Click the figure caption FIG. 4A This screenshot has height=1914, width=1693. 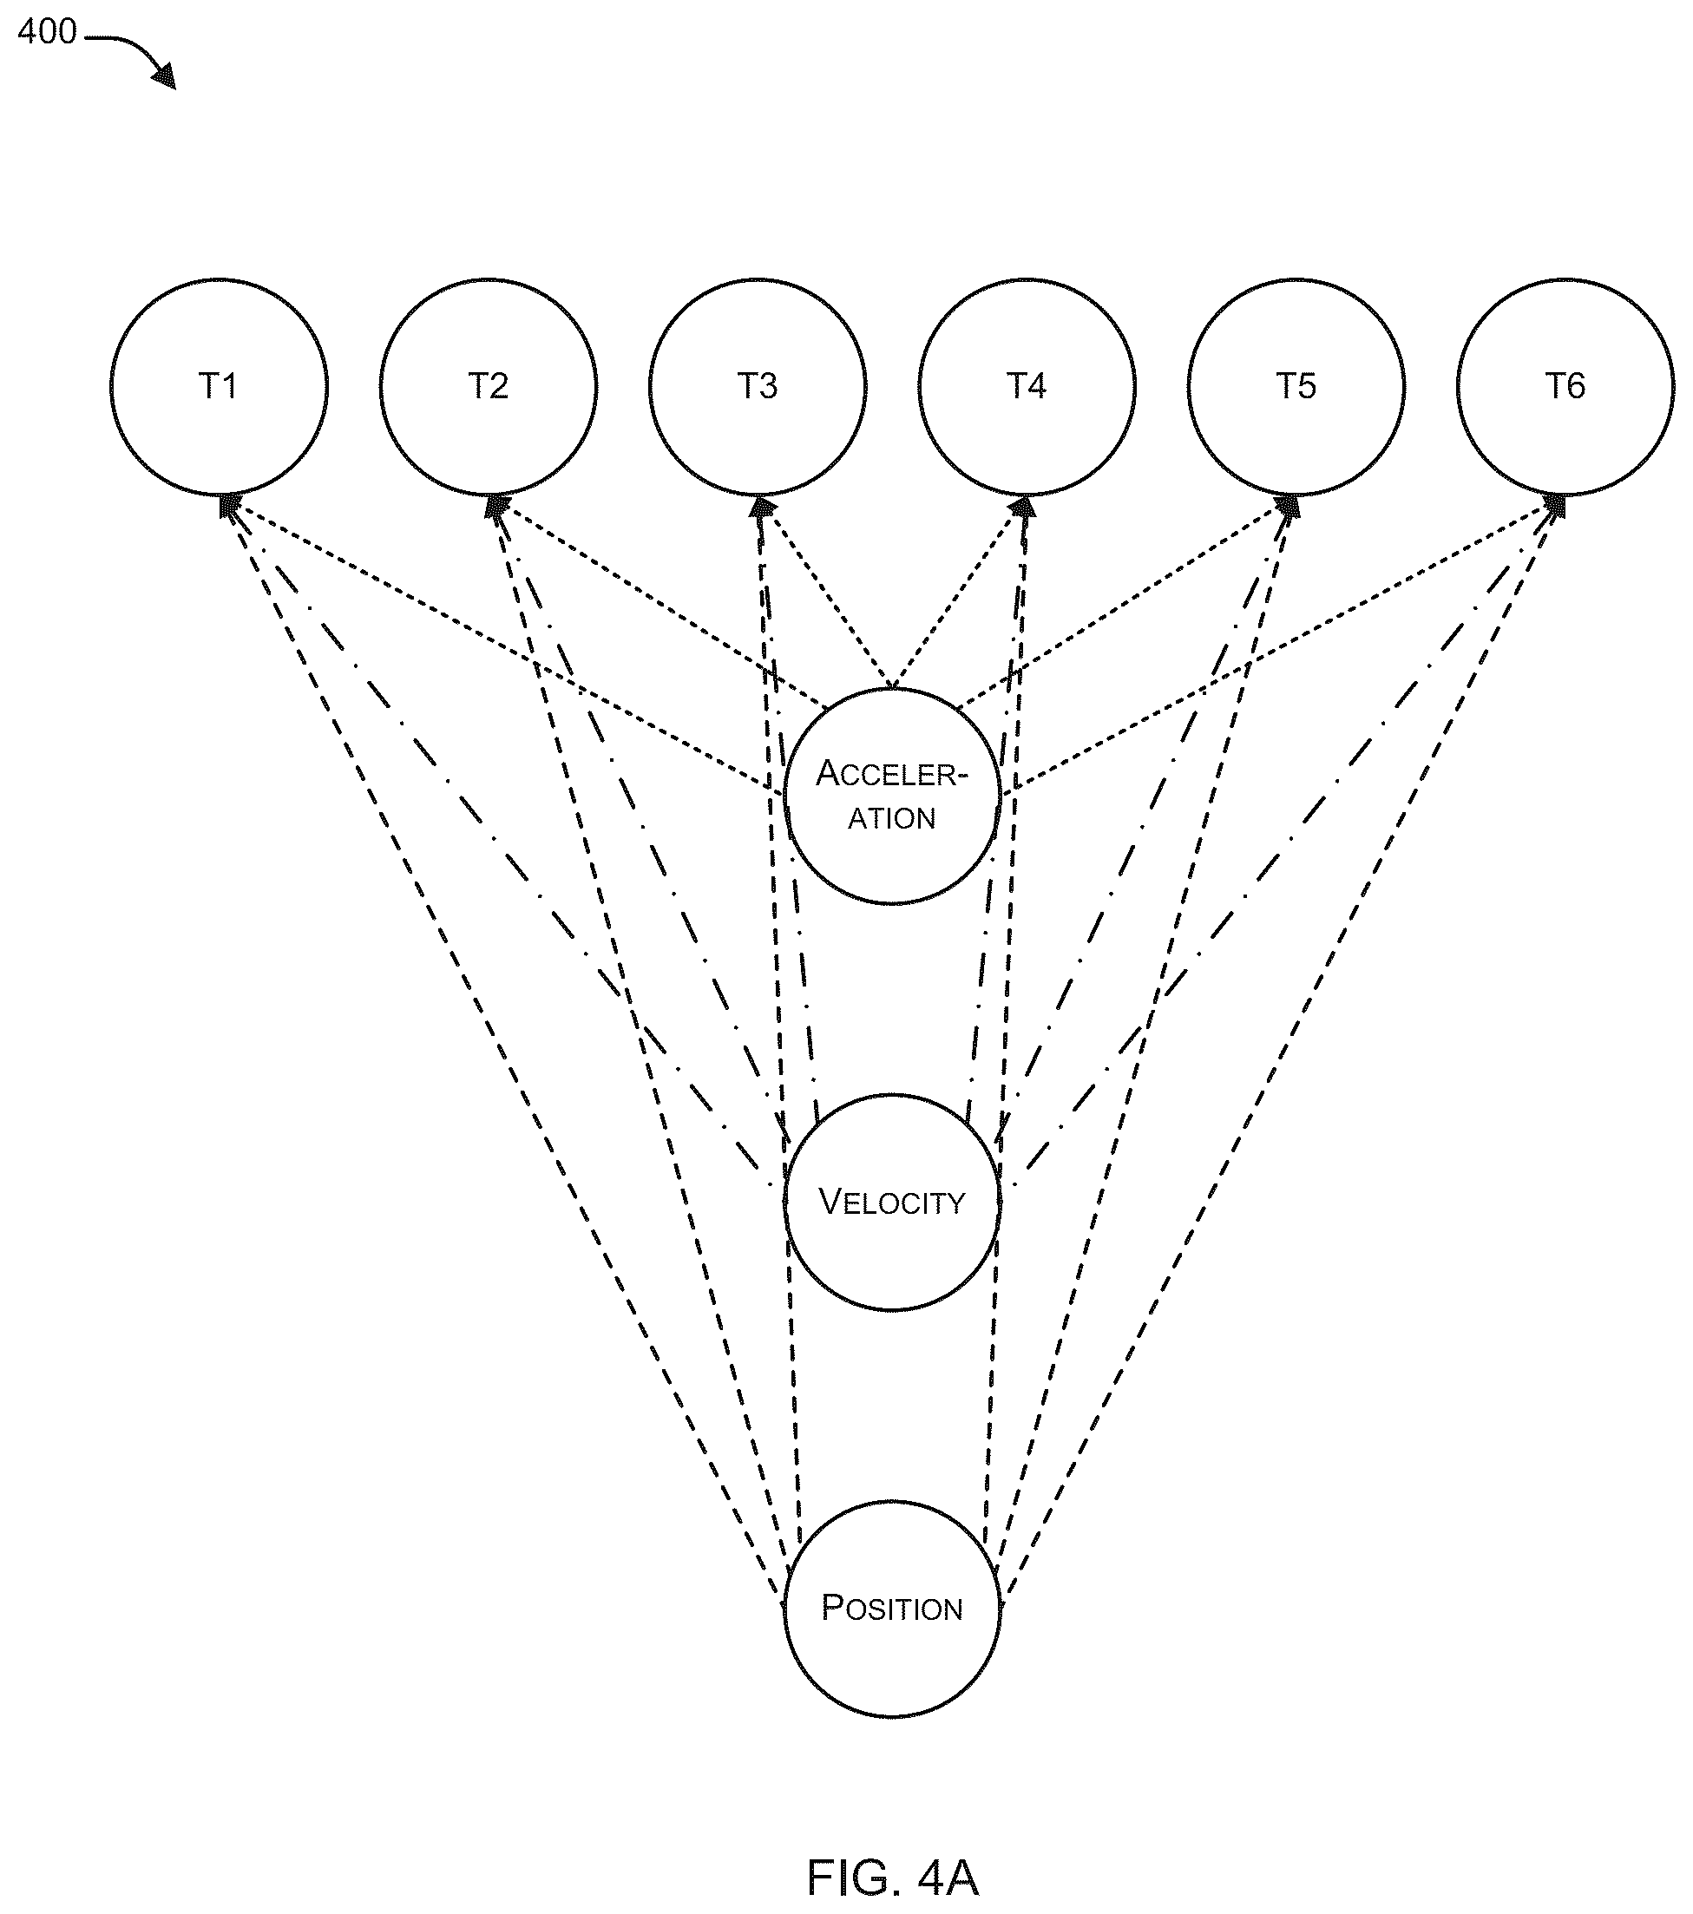click(892, 1877)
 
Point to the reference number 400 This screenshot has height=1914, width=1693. click(47, 32)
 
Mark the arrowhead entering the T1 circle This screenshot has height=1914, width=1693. click(227, 506)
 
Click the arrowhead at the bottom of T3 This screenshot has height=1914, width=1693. click(764, 508)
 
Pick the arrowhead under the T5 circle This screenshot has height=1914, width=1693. click(1289, 507)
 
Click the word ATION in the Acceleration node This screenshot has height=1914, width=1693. click(891, 818)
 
